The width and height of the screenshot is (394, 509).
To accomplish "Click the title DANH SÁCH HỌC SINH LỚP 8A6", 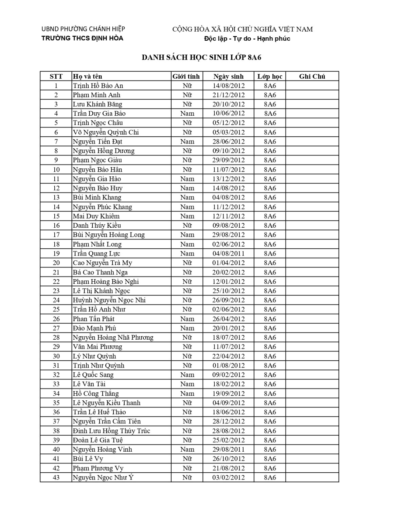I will tap(201, 57).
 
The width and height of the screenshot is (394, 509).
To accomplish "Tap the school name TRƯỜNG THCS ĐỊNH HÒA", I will tap(82, 38).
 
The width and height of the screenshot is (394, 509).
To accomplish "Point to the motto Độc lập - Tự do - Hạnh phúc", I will tap(247, 39).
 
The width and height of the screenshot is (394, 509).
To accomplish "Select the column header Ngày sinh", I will tap(228, 76).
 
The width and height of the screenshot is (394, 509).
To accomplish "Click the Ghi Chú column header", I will tap(312, 76).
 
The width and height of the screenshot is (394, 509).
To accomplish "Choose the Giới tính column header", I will tap(186, 76).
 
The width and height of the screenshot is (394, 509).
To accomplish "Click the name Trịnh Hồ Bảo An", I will tap(98, 86).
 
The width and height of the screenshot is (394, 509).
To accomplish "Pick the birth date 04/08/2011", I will tap(228, 253).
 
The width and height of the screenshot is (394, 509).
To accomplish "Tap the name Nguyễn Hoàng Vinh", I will tap(102, 449).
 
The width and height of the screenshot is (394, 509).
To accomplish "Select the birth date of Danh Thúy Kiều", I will tap(228, 225).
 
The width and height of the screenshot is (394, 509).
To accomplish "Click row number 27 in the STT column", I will tap(56, 328).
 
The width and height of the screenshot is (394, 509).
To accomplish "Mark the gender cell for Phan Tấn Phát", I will tap(187, 319).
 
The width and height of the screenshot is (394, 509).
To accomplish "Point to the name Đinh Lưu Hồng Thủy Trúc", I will tap(111, 431).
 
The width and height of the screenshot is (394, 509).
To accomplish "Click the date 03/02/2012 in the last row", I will tap(228, 477).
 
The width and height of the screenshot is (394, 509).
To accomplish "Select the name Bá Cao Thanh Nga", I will tap(100, 272).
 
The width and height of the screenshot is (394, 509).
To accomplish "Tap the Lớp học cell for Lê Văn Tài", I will tap(270, 384).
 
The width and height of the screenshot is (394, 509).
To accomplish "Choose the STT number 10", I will tap(56, 170).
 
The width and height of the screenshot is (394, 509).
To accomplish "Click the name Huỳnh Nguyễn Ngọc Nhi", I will tap(109, 300).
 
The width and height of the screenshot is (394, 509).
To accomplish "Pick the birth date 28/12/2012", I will tap(228, 421).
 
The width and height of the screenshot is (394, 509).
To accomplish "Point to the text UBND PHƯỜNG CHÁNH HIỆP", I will tap(83, 29).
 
